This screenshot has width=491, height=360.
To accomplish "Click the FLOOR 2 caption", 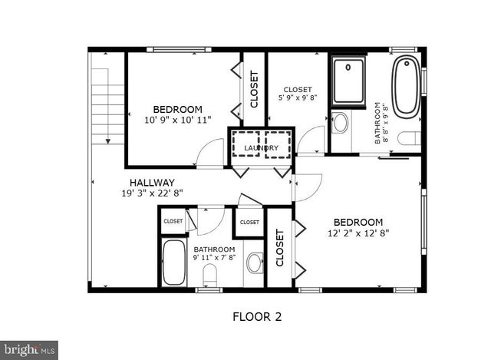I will [257, 315].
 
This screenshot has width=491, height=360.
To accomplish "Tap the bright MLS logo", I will [29, 350].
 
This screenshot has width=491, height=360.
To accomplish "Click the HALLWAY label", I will [151, 182].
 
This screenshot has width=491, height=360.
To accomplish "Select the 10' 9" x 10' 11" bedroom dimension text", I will [177, 120].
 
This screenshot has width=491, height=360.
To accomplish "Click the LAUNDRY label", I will [261, 147].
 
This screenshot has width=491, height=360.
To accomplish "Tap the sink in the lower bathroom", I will [255, 263].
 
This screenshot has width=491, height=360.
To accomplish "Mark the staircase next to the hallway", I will [107, 104].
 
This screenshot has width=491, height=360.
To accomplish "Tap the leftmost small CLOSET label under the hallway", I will [173, 221].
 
